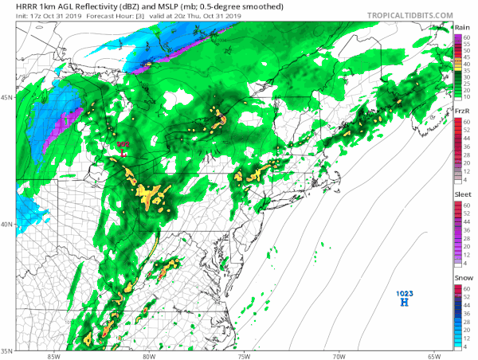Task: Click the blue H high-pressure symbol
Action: (x=405, y=303)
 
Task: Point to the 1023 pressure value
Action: (x=405, y=294)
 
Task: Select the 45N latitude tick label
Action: (x=7, y=97)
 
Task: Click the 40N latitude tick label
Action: (x=7, y=224)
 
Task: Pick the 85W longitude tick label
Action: (x=53, y=356)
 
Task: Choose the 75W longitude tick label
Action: (x=243, y=356)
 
